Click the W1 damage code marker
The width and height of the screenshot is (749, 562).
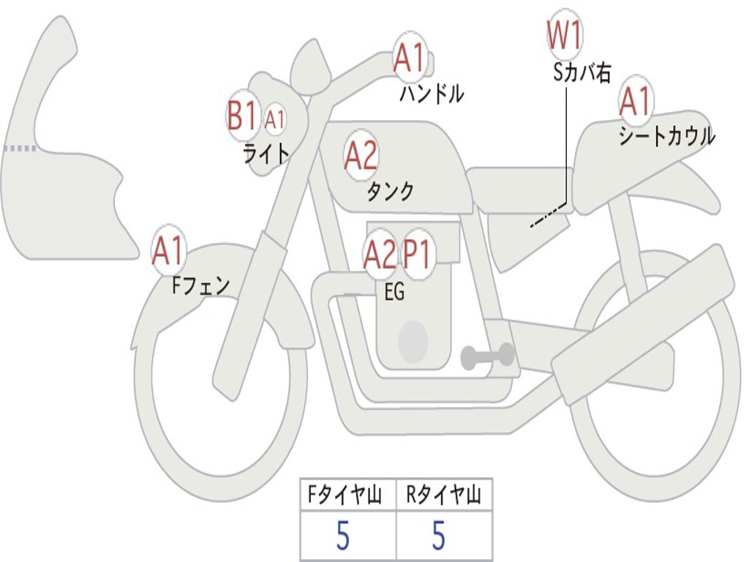pos(565,35)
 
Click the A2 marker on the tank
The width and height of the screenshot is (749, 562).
pos(360,155)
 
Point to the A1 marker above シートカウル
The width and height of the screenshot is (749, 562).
pos(636,101)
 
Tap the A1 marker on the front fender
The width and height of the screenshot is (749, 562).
pos(168,250)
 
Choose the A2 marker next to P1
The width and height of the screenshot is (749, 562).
pos(380,254)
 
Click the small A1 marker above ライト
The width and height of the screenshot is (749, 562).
pos(275,119)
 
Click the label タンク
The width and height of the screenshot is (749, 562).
pos(391,191)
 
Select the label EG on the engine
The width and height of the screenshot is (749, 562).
pos(394,291)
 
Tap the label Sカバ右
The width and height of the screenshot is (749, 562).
pos(581,72)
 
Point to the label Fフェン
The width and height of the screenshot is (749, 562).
pos(200,286)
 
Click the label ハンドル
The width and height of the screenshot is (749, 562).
pos(432,94)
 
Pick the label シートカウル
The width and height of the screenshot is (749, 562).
pos(667,135)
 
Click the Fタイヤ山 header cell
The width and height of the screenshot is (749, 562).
pos(348,495)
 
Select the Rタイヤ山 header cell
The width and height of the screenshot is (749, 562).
pos(444,495)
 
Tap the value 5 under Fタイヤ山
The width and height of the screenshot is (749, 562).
pos(343,535)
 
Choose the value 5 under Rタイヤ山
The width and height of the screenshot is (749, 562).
pos(439,535)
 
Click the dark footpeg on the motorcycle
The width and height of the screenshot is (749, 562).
pos(487,356)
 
